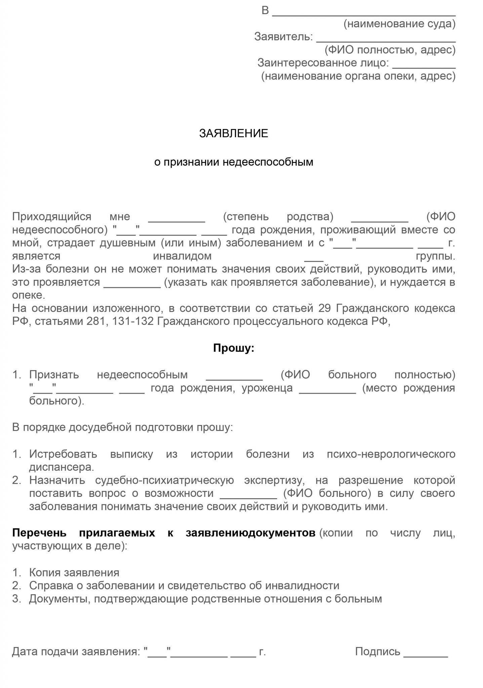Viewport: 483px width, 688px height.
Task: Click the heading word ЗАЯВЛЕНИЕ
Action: [x=234, y=134]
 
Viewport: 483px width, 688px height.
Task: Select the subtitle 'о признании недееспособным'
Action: [x=234, y=162]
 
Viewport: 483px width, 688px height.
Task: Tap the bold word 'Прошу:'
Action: [x=234, y=348]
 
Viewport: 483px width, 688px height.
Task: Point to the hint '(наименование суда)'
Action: [x=399, y=24]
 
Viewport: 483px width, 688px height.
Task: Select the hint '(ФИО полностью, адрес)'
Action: [x=390, y=50]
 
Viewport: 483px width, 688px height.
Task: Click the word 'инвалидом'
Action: [x=182, y=256]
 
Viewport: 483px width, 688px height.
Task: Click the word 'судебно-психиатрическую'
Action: [x=164, y=480]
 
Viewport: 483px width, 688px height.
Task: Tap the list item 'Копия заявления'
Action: [x=74, y=572]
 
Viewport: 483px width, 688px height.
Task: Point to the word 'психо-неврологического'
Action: [x=391, y=454]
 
